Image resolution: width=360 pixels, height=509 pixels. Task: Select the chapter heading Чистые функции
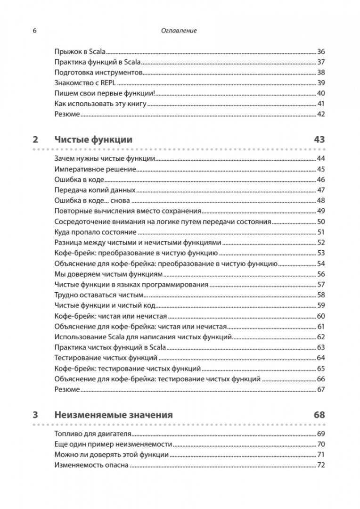click(x=93, y=140)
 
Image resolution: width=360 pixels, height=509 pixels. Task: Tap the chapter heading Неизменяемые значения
click(x=114, y=415)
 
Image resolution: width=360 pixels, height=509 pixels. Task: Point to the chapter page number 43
click(x=319, y=140)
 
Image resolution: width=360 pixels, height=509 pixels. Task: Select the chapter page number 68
click(x=319, y=415)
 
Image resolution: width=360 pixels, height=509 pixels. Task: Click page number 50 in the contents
click(x=322, y=222)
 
